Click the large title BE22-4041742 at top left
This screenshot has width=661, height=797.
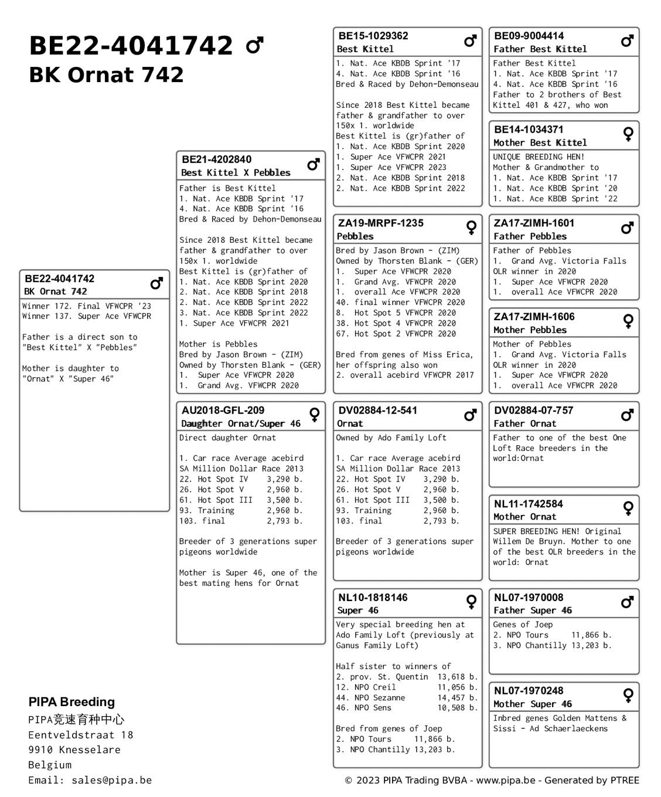point(130,46)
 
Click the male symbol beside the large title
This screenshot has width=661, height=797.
point(254,45)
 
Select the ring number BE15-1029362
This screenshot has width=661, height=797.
point(373,36)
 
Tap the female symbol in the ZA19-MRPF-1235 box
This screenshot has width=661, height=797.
point(471,228)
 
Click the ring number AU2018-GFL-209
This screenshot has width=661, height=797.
point(223,411)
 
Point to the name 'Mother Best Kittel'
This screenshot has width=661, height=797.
point(540,143)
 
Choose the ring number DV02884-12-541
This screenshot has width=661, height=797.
point(377,411)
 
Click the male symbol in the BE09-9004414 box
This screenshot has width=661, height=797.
point(627,41)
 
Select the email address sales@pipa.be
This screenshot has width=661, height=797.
point(111,780)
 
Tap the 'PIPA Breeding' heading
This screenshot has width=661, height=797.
point(71,702)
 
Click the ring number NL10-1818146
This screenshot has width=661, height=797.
point(373,598)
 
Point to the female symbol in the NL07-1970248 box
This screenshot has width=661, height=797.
point(628,696)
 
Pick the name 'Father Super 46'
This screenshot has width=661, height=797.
point(533,610)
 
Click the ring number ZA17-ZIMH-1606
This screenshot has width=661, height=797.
point(534,317)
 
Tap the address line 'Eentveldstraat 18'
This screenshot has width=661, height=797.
point(81,735)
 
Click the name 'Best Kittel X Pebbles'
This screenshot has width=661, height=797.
point(236,172)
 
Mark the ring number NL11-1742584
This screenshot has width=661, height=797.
point(528,504)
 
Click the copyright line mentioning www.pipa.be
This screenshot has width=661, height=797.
point(492,780)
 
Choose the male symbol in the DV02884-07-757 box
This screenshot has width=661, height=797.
point(627,415)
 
